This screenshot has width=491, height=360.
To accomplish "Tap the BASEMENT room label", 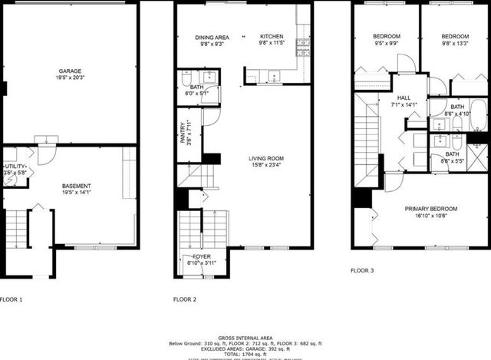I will [77, 186].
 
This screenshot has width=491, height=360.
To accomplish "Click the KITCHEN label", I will [272, 37].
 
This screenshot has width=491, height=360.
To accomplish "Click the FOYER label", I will [202, 256].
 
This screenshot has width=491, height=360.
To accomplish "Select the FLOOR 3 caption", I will [362, 270].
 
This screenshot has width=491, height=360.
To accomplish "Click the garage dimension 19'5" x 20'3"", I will [71, 77].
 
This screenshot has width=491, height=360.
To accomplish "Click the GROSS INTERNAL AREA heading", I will [245, 337].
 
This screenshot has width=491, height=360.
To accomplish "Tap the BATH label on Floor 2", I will [196, 87].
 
